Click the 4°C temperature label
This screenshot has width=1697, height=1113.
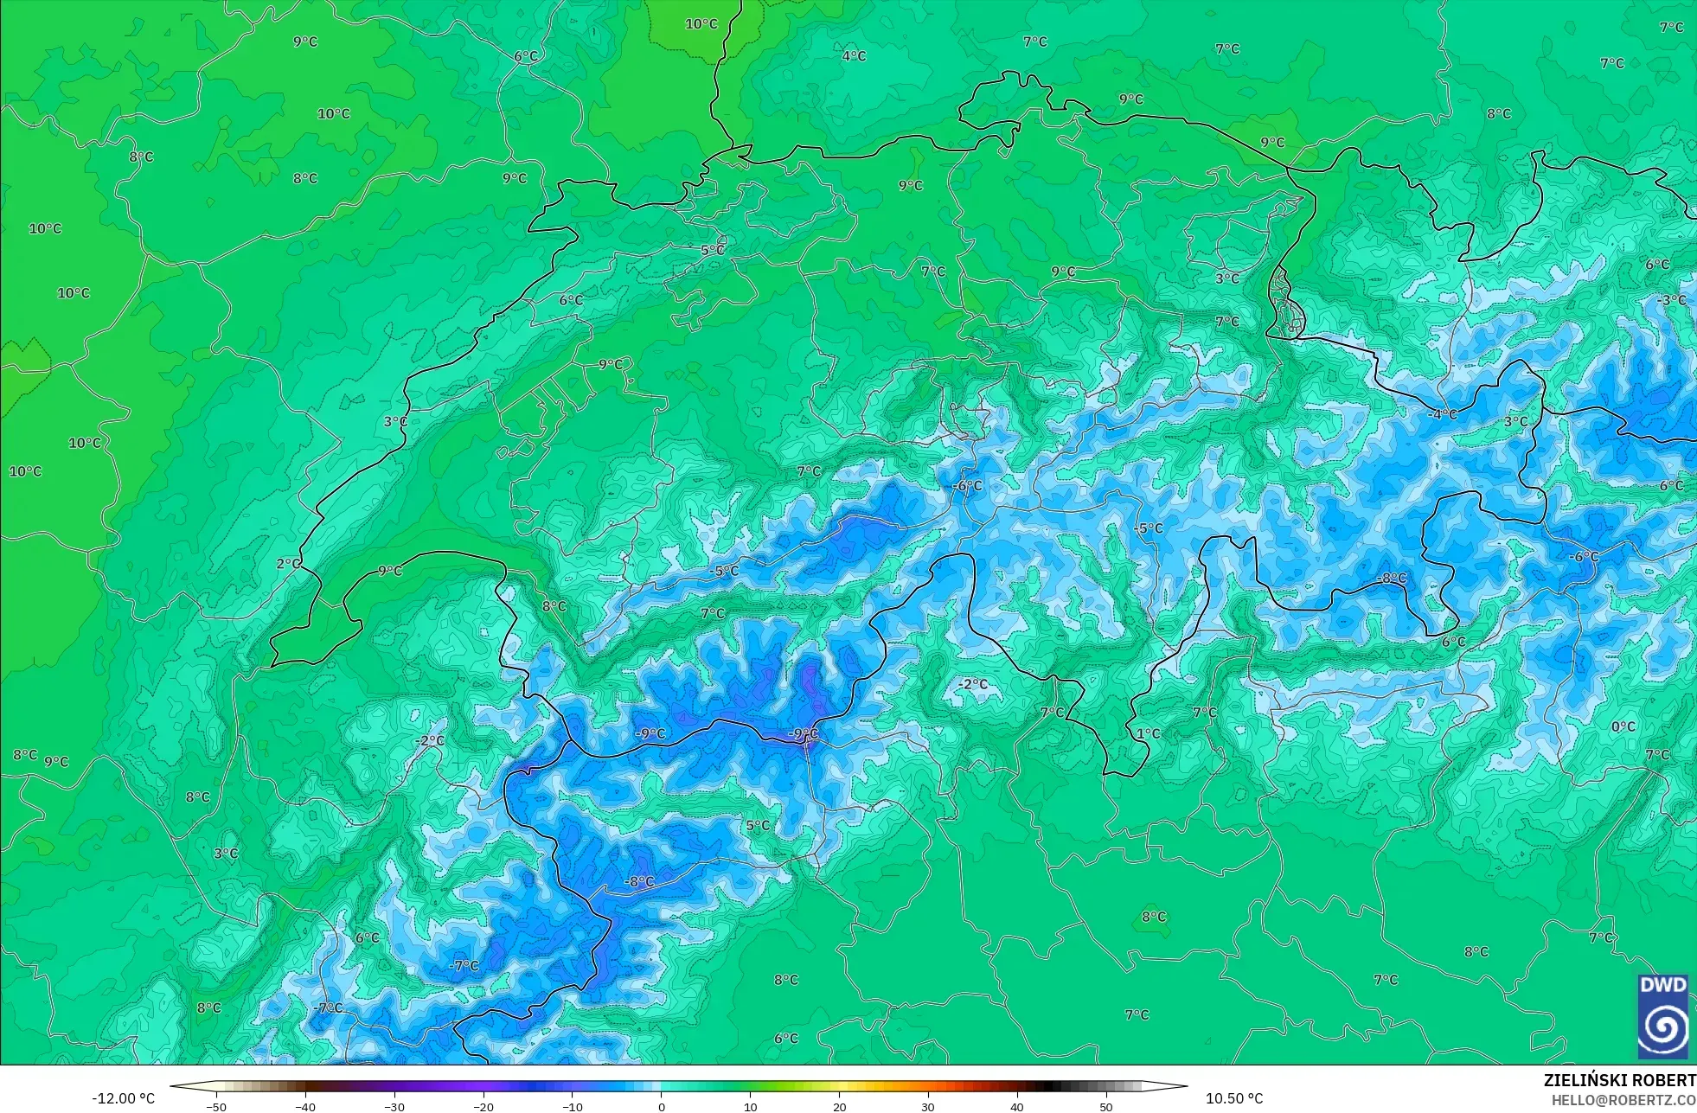pos(854,56)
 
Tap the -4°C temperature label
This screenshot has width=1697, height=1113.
pos(1443,414)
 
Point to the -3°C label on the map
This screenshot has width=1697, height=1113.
pos(1673,300)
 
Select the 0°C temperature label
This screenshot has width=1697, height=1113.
pos(1623,727)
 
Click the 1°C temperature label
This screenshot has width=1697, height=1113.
pos(1148,733)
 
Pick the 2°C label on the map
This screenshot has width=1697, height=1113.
pos(288,564)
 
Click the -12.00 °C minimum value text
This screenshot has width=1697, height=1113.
pos(124,1098)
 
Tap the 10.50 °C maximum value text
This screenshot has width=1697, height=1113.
pos(1234,1098)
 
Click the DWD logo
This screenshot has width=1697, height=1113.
pos(1662,1016)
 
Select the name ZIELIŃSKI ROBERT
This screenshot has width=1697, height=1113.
pos(1619,1080)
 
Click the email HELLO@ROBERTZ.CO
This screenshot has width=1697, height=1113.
pos(1623,1100)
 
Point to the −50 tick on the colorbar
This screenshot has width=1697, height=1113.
pos(216,1107)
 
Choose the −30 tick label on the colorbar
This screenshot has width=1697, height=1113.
pos(394,1107)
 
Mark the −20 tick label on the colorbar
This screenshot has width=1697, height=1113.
pos(483,1107)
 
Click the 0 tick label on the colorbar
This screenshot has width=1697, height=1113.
pos(662,1107)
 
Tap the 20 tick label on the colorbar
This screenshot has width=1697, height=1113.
pos(839,1107)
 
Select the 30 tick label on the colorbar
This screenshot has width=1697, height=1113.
pos(928,1107)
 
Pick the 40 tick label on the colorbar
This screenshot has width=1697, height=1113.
pos(1017,1107)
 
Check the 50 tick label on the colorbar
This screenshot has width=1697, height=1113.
pos(1106,1107)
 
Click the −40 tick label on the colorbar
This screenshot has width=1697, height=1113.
pos(305,1107)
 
